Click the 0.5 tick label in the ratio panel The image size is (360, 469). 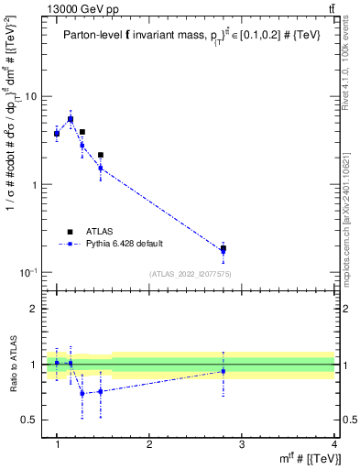(x=32, y=420)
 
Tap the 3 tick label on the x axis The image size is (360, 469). (x=242, y=444)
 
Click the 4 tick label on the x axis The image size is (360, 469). (x=333, y=444)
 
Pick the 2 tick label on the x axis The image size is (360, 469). (x=149, y=444)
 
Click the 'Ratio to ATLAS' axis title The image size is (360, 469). (x=14, y=364)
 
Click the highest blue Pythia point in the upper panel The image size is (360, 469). (x=71, y=119)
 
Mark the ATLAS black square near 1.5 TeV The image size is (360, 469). (x=101, y=155)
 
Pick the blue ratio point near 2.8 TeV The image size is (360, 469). (x=224, y=371)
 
